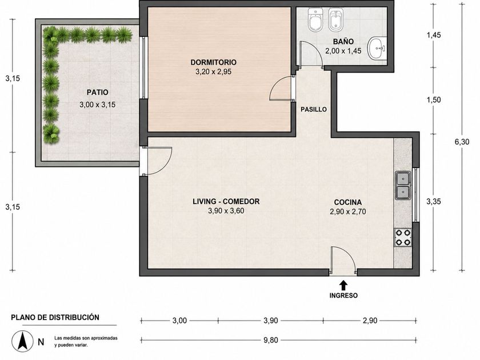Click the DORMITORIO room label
(x=213, y=62)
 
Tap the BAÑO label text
(x=343, y=41)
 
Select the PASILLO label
(x=314, y=109)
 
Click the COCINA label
(x=348, y=202)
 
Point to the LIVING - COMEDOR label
(x=226, y=201)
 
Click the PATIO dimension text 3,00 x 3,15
(x=97, y=105)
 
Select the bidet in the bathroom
(x=335, y=20)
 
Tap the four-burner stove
(x=403, y=237)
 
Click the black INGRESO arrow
(x=344, y=285)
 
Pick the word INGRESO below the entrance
(x=343, y=296)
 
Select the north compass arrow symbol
(x=22, y=341)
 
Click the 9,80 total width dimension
(x=271, y=340)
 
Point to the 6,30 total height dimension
(x=462, y=142)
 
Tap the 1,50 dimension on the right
(x=434, y=100)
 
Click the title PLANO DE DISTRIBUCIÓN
(x=55, y=318)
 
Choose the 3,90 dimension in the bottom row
(x=271, y=321)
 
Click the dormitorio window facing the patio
(x=143, y=67)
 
